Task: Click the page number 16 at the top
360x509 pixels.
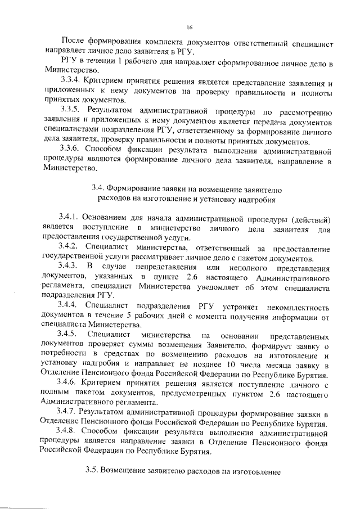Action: coord(189,26)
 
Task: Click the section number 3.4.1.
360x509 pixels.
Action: coord(70,218)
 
